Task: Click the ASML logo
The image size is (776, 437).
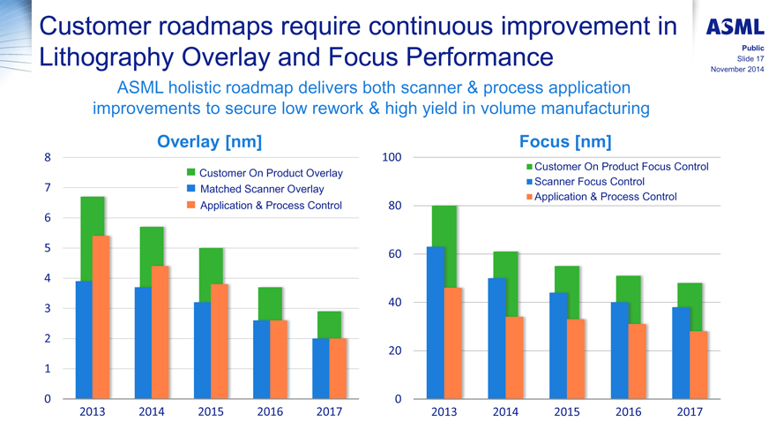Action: pyautogui.click(x=735, y=27)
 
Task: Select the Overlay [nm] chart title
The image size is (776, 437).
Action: pyautogui.click(x=209, y=141)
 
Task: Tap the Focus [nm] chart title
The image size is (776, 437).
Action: pyautogui.click(x=565, y=141)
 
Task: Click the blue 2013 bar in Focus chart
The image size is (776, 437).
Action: pyautogui.click(x=435, y=322)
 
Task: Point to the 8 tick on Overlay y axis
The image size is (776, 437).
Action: pyautogui.click(x=46, y=157)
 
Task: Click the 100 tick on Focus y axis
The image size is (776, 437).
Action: pyautogui.click(x=392, y=157)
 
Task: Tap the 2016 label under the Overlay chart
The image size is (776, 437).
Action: pyautogui.click(x=270, y=412)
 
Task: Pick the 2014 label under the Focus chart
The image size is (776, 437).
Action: pyautogui.click(x=505, y=412)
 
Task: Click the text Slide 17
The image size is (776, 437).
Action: pyautogui.click(x=750, y=58)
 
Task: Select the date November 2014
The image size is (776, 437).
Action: pyautogui.click(x=737, y=69)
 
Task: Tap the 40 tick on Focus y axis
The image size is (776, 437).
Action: pyautogui.click(x=394, y=303)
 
